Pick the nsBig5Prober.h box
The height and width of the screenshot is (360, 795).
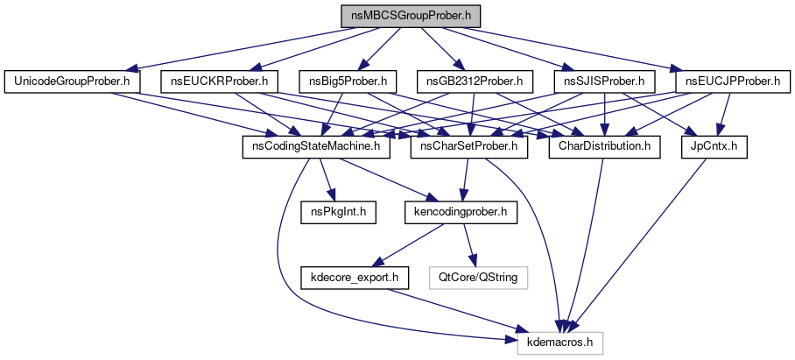[348, 82]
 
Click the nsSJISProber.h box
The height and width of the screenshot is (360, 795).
[604, 82]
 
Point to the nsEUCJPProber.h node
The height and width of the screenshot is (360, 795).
[732, 82]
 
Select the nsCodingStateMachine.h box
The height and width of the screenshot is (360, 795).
[316, 146]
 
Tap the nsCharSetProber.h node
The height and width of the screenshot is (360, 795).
[469, 146]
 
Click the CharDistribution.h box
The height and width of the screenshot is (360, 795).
[603, 146]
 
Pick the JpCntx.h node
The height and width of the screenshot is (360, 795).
[714, 146]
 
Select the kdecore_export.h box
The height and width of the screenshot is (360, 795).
[355, 277]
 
